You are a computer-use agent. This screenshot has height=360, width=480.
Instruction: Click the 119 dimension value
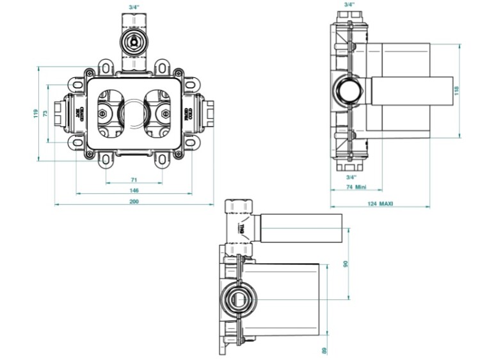(36, 113)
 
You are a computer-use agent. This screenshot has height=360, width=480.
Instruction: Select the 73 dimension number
(45, 113)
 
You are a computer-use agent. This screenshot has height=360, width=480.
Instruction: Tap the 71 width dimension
(134, 180)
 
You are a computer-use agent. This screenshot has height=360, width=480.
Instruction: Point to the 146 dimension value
(134, 191)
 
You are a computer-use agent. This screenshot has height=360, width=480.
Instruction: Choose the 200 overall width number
(134, 201)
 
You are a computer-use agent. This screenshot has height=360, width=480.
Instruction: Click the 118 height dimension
(456, 90)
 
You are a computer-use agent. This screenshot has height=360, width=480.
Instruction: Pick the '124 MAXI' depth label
(380, 204)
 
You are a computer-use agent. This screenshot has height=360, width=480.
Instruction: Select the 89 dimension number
(325, 350)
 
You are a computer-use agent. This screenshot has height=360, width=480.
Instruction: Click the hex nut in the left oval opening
(102, 115)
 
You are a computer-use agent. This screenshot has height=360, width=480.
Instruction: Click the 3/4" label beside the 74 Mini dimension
(351, 176)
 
